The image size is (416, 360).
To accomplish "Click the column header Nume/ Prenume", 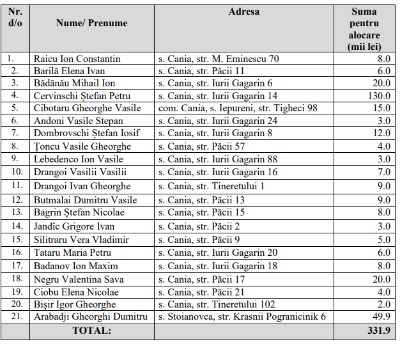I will (91, 24).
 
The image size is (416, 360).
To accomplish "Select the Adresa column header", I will (244, 12).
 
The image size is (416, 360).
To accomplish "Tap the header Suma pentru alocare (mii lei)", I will (364, 29).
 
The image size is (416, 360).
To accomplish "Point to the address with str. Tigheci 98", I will (238, 108).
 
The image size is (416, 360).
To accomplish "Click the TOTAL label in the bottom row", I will (91, 331).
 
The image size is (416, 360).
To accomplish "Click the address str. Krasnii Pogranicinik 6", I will (242, 317).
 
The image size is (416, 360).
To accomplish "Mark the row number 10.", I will (15, 171).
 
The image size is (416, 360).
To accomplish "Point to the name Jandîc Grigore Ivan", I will (74, 226).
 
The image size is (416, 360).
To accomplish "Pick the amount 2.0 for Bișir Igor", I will (383, 304).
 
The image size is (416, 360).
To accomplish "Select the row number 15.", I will (15, 239).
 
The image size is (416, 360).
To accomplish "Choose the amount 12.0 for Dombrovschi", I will (380, 133).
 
